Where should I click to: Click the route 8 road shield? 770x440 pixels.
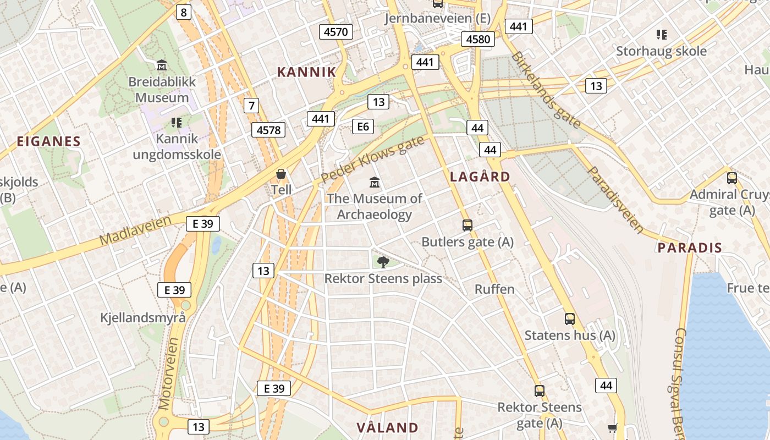[184, 12]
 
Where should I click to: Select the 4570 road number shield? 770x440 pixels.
[335, 31]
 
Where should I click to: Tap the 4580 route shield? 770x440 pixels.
[478, 39]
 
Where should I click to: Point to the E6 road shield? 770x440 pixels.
[363, 127]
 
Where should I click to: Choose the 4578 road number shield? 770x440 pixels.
[269, 130]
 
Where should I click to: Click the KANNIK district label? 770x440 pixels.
[306, 72]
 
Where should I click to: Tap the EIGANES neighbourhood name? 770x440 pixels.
[48, 141]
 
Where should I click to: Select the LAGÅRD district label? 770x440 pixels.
[480, 177]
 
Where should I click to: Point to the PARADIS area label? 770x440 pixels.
[690, 248]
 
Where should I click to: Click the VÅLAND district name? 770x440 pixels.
[387, 427]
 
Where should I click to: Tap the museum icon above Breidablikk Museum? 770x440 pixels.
[162, 65]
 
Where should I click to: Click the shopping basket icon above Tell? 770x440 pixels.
[281, 174]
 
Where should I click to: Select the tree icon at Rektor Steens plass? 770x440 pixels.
[383, 262]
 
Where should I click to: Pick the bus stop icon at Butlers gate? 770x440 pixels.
[468, 225]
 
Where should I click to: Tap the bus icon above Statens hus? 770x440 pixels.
[570, 318]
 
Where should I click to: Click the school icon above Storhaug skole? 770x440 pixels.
[662, 35]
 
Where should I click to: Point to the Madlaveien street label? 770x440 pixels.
[136, 230]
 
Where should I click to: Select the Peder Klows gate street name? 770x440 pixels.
[372, 159]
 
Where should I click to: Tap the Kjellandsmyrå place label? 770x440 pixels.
[143, 317]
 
